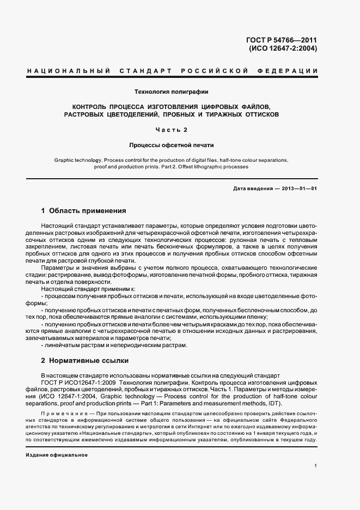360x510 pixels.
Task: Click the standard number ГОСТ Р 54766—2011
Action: [x=283, y=40]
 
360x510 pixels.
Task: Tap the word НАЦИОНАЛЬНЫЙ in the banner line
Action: [x=69, y=71]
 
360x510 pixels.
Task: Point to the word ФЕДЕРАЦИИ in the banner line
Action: [x=294, y=71]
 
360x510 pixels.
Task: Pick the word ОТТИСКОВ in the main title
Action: [x=256, y=115]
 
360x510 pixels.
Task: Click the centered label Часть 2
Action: [x=172, y=130]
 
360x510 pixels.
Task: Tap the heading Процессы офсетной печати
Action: [x=172, y=145]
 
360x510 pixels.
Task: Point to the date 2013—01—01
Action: [x=299, y=189]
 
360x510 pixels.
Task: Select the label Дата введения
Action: [x=252, y=189]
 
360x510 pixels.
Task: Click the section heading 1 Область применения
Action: [x=84, y=210]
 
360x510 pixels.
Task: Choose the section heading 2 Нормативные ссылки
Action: [x=86, y=361]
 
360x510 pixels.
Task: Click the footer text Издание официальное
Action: [x=57, y=455]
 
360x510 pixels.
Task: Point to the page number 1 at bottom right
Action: [x=315, y=466]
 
